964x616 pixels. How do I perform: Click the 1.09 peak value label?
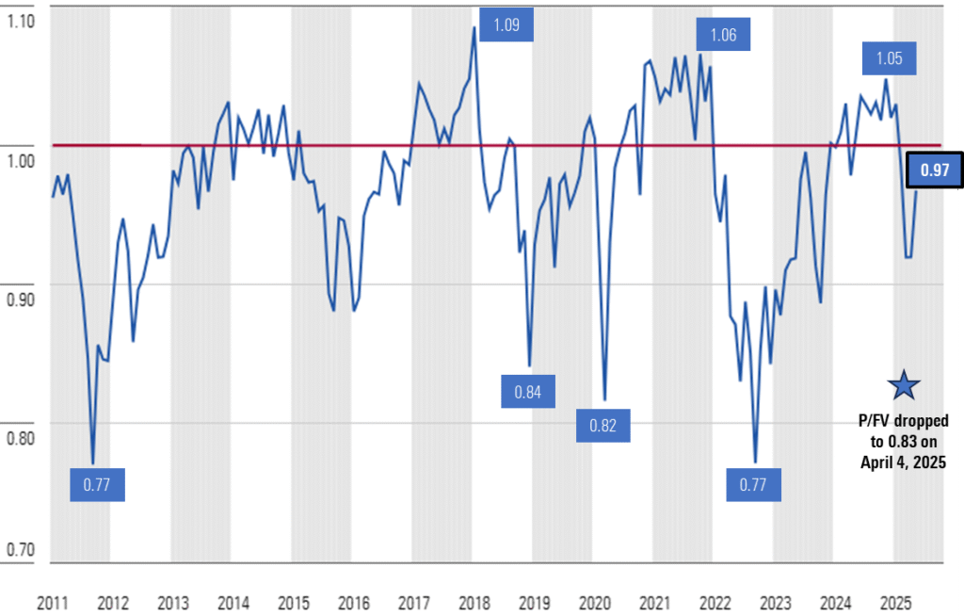(x=506, y=24)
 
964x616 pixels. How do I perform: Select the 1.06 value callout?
(x=723, y=36)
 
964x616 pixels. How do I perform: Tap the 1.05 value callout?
(x=890, y=58)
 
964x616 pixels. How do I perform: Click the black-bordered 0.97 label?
(x=933, y=170)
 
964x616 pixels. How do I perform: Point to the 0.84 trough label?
(x=528, y=391)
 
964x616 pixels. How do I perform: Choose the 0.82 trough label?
(x=602, y=426)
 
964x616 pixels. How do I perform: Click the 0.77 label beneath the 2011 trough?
(x=97, y=486)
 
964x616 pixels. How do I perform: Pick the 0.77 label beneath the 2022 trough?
(x=754, y=486)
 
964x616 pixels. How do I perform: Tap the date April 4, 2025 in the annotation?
(x=904, y=462)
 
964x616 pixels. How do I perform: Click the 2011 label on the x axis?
(x=53, y=602)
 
